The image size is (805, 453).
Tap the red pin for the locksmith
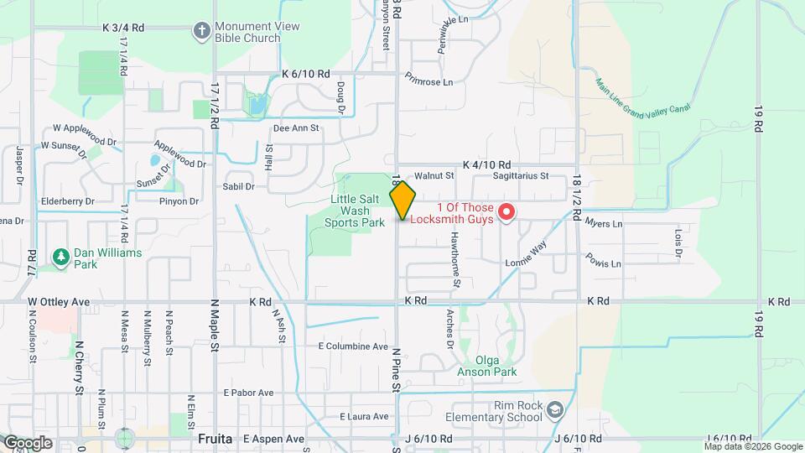pos(506,212)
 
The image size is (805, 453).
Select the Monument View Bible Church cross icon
pos(201,32)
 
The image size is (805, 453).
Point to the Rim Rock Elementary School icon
pos(553,409)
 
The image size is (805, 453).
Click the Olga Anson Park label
pos(486,366)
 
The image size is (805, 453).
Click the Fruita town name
pos(215,439)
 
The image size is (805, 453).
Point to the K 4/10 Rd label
pos(486,166)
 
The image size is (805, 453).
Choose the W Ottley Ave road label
pos(59,301)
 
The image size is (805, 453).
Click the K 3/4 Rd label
pos(123,28)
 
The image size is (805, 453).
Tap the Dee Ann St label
pos(297,128)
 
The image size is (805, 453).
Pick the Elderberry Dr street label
pos(68,201)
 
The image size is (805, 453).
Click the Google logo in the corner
pos(27,443)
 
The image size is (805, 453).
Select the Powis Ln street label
pos(604,261)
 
